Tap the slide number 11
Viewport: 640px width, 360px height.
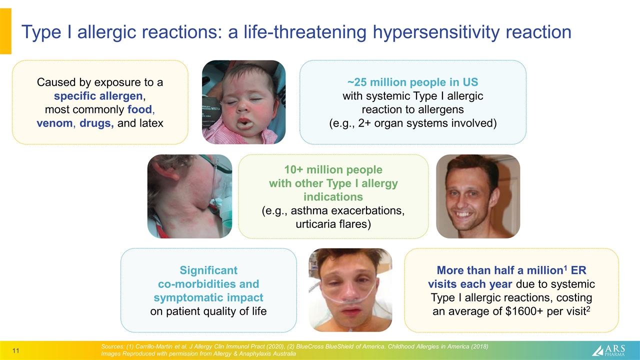tap(15, 351)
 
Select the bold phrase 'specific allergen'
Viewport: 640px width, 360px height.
tap(100, 95)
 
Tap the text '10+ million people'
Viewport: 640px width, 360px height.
tap(333, 169)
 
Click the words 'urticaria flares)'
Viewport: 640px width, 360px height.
tap(333, 224)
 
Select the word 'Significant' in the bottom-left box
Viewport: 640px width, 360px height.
tap(208, 270)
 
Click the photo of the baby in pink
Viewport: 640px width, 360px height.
tap(243, 102)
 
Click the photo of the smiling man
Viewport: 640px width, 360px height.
tap(478, 196)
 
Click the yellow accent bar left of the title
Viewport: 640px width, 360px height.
tap(5, 31)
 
